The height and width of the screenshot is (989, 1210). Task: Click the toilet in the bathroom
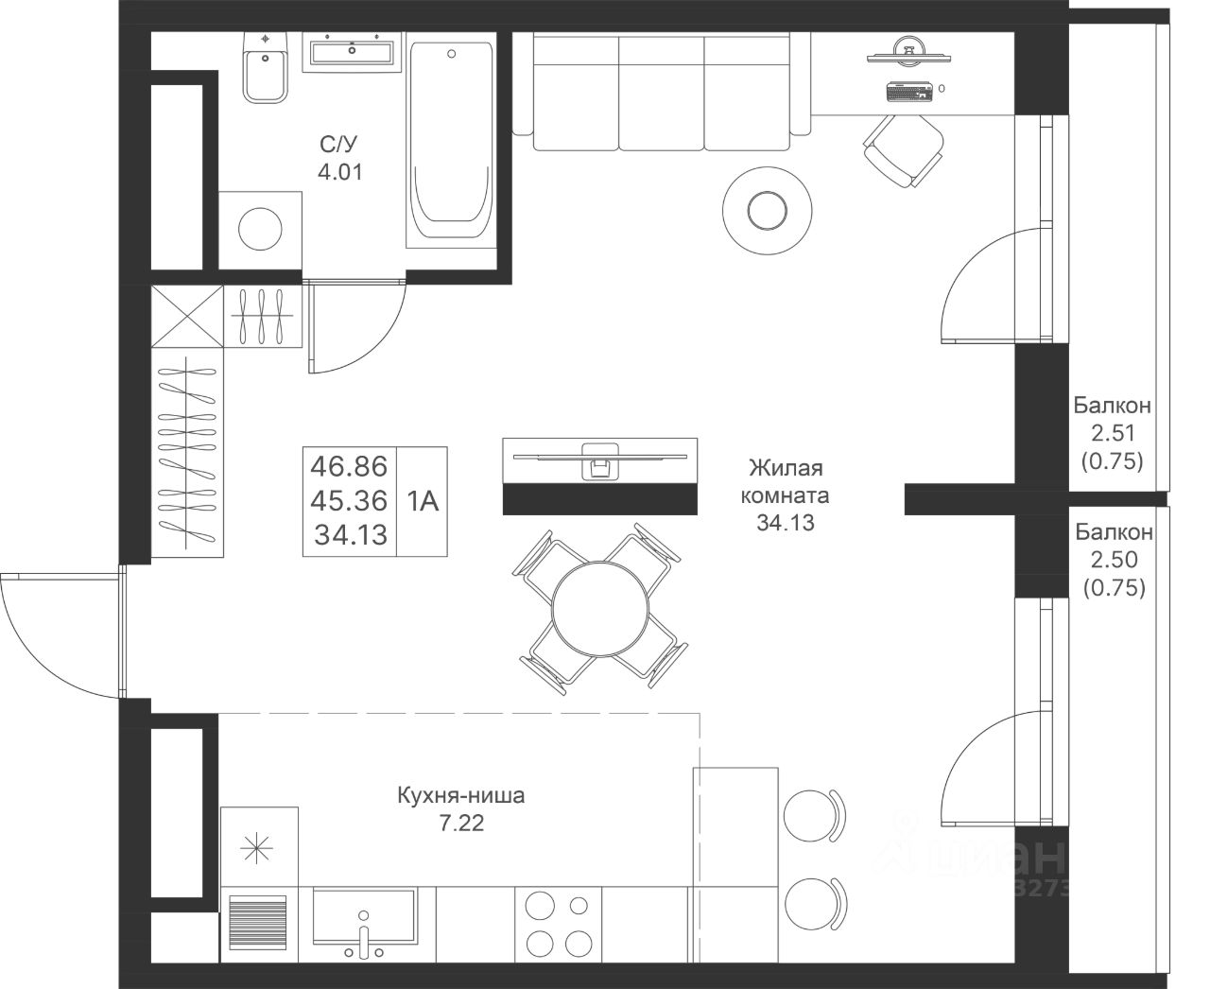point(265,68)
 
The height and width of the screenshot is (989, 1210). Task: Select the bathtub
point(450,140)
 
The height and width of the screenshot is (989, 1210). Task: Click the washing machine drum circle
point(260,229)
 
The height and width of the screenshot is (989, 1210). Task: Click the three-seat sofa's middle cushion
point(662,92)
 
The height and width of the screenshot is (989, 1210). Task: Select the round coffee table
point(767,211)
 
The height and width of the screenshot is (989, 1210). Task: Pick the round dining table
point(600,609)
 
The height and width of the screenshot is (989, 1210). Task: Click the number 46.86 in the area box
point(350,466)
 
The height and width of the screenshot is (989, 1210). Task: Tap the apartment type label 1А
point(423,501)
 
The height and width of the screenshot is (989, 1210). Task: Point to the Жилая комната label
point(785,481)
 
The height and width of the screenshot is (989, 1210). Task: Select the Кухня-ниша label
point(461,795)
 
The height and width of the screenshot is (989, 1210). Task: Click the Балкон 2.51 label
point(1113,419)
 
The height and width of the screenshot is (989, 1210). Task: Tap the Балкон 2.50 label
point(1115,546)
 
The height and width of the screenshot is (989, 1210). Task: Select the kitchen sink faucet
point(363,936)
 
